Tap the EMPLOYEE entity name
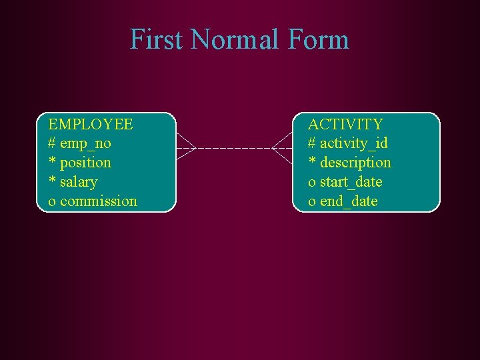tap(91, 124)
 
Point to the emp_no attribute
tap(85, 143)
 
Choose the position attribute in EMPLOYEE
tap(85, 163)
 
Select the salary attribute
tap(79, 182)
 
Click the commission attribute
tap(99, 201)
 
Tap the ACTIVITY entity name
tap(345, 124)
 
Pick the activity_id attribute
tap(354, 143)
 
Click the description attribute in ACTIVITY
tap(355, 163)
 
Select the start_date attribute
tap(351, 182)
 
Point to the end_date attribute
tap(349, 201)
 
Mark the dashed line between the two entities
tap(233, 147)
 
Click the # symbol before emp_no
tap(52, 143)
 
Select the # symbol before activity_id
tap(311, 143)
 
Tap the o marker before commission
tap(52, 202)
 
